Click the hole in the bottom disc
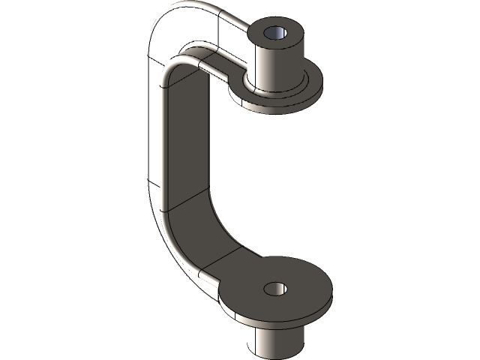(276, 287)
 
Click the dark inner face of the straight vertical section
(186, 135)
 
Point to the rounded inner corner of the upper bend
(174, 67)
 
